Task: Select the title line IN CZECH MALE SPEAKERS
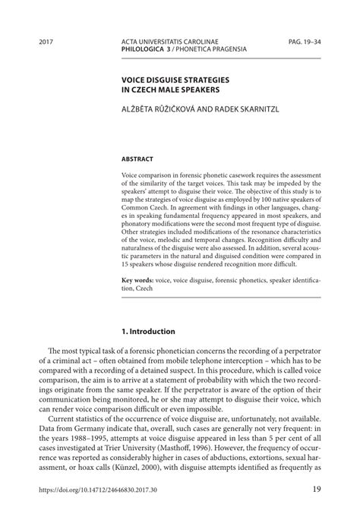(167, 89)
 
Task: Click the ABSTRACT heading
(137, 159)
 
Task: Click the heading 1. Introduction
(149, 332)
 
